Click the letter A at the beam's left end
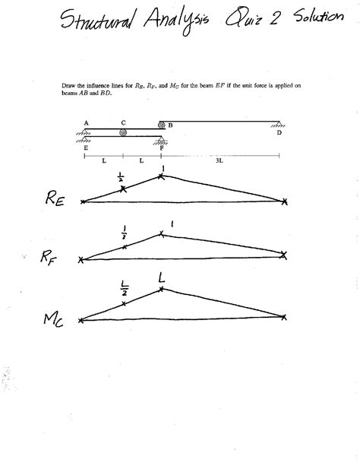click(x=86, y=122)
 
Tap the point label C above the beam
click(x=123, y=122)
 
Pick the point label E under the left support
click(x=86, y=149)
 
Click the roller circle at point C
click(x=123, y=132)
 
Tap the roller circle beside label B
click(x=161, y=125)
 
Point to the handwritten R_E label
click(x=33, y=200)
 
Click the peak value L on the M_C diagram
click(x=162, y=281)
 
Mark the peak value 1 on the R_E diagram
click(x=162, y=169)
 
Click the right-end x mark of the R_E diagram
click(x=285, y=201)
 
